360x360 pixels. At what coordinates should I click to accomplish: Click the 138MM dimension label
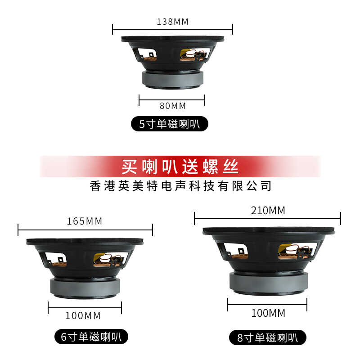point(172,22)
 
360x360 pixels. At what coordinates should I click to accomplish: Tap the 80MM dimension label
point(173,106)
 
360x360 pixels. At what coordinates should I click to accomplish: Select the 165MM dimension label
point(85,221)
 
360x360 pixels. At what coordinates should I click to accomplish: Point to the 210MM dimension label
point(268,210)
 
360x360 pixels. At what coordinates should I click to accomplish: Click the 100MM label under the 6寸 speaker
point(83,316)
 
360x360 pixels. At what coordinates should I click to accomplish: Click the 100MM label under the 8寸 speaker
point(268,313)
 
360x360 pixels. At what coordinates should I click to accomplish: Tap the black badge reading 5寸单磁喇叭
point(170,124)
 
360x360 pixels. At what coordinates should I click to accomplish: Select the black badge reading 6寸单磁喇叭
point(91,337)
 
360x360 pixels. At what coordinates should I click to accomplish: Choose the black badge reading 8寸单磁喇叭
point(268,337)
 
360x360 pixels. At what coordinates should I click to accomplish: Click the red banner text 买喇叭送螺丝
point(180,166)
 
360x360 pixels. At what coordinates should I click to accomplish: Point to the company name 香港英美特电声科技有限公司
point(180,186)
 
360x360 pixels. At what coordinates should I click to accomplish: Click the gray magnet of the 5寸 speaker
point(173,80)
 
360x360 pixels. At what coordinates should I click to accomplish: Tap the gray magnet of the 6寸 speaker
point(85,288)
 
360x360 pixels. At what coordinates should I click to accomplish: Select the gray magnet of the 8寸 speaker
point(269,283)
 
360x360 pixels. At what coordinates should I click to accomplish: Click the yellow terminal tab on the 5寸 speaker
point(184,53)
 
